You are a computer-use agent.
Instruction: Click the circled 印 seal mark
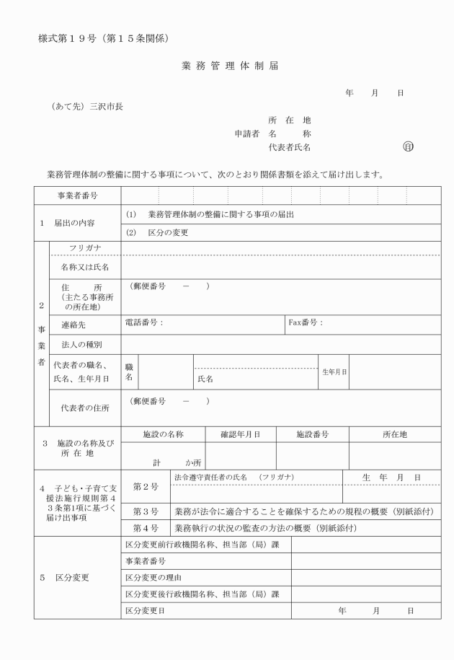pyautogui.click(x=409, y=147)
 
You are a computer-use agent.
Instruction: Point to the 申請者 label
pyautogui.click(x=247, y=133)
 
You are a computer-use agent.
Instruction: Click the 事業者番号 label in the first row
pyautogui.click(x=78, y=195)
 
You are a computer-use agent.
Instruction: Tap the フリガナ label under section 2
pyautogui.click(x=85, y=248)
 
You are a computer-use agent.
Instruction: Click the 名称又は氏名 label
pyautogui.click(x=85, y=267)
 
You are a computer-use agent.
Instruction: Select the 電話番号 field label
pyautogui.click(x=144, y=322)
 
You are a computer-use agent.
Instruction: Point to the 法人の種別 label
pyautogui.click(x=81, y=344)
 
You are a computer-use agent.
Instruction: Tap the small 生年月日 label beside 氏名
pyautogui.click(x=334, y=371)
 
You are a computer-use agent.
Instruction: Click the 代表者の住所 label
pyautogui.click(x=86, y=408)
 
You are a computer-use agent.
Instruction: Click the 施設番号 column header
pyautogui.click(x=313, y=434)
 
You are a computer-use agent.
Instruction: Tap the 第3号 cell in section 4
pyautogui.click(x=146, y=511)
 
